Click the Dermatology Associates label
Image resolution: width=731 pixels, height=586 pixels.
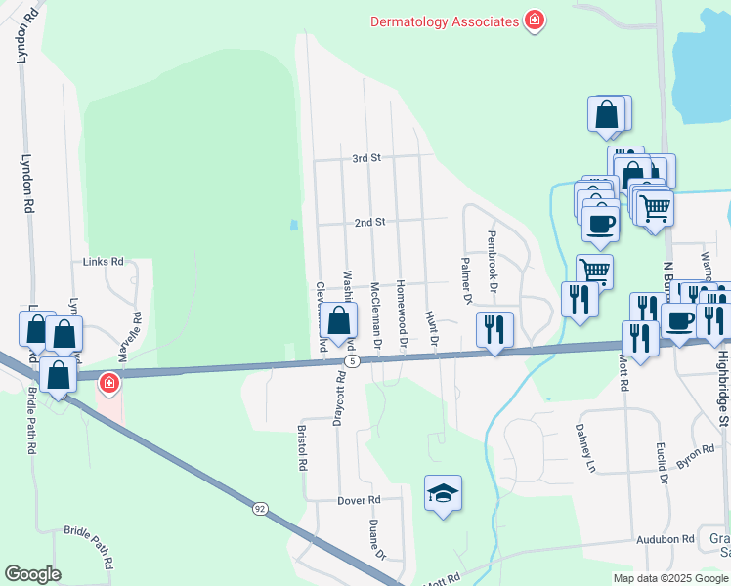pos(444,20)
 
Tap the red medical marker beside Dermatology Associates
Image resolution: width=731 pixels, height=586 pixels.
pos(535,20)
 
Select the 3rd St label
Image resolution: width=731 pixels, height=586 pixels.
pos(365,158)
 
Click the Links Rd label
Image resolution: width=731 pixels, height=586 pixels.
pos(104,262)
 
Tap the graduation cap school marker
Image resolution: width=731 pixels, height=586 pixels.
pos(443,494)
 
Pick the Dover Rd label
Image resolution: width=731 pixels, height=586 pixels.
pos(360,500)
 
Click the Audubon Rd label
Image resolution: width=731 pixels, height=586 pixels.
pos(665,538)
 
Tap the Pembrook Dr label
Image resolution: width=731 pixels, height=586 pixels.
pos(493,260)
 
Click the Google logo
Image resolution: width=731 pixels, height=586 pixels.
pos(32,574)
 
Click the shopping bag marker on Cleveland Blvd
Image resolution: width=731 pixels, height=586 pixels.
pos(338,319)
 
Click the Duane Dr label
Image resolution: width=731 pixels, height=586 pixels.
pos(376,539)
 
